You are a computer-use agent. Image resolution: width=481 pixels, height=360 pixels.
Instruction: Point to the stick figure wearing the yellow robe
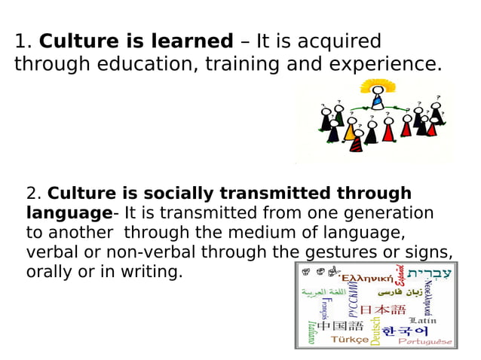click(349, 132)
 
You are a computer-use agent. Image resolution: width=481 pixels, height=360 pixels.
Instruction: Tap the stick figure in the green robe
click(339, 117)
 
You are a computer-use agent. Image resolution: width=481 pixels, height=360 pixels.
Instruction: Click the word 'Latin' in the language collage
click(422, 320)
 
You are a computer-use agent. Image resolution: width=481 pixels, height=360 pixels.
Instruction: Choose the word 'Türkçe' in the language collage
click(350, 340)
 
